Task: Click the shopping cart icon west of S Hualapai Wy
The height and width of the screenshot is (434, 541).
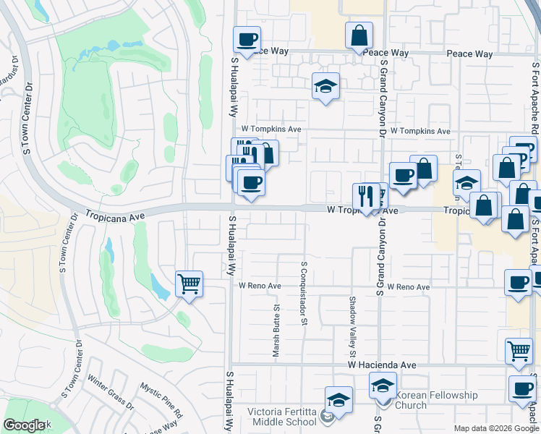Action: [x=189, y=284]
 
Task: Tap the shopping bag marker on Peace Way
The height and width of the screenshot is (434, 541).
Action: [x=359, y=35]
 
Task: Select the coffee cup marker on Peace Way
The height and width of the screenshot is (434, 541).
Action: [x=247, y=40]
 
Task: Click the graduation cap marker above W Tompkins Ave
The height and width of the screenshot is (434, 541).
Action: [x=325, y=86]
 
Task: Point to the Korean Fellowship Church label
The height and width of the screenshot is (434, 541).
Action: [x=436, y=400]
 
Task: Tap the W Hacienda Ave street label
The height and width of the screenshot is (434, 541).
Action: [x=381, y=366]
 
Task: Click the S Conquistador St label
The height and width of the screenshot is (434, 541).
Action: [x=304, y=294]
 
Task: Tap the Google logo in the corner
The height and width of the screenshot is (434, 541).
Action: [x=24, y=425]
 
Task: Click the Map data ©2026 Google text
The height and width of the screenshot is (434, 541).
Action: [x=495, y=428]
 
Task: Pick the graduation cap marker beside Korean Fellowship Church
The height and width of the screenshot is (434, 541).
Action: [x=383, y=386]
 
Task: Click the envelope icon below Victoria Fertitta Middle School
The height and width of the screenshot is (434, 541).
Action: [x=328, y=417]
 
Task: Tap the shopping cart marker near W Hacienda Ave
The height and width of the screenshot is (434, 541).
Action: [x=519, y=350]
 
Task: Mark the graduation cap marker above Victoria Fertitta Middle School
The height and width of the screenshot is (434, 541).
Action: [x=338, y=399]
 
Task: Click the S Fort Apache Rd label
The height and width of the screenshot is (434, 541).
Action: [x=535, y=95]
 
